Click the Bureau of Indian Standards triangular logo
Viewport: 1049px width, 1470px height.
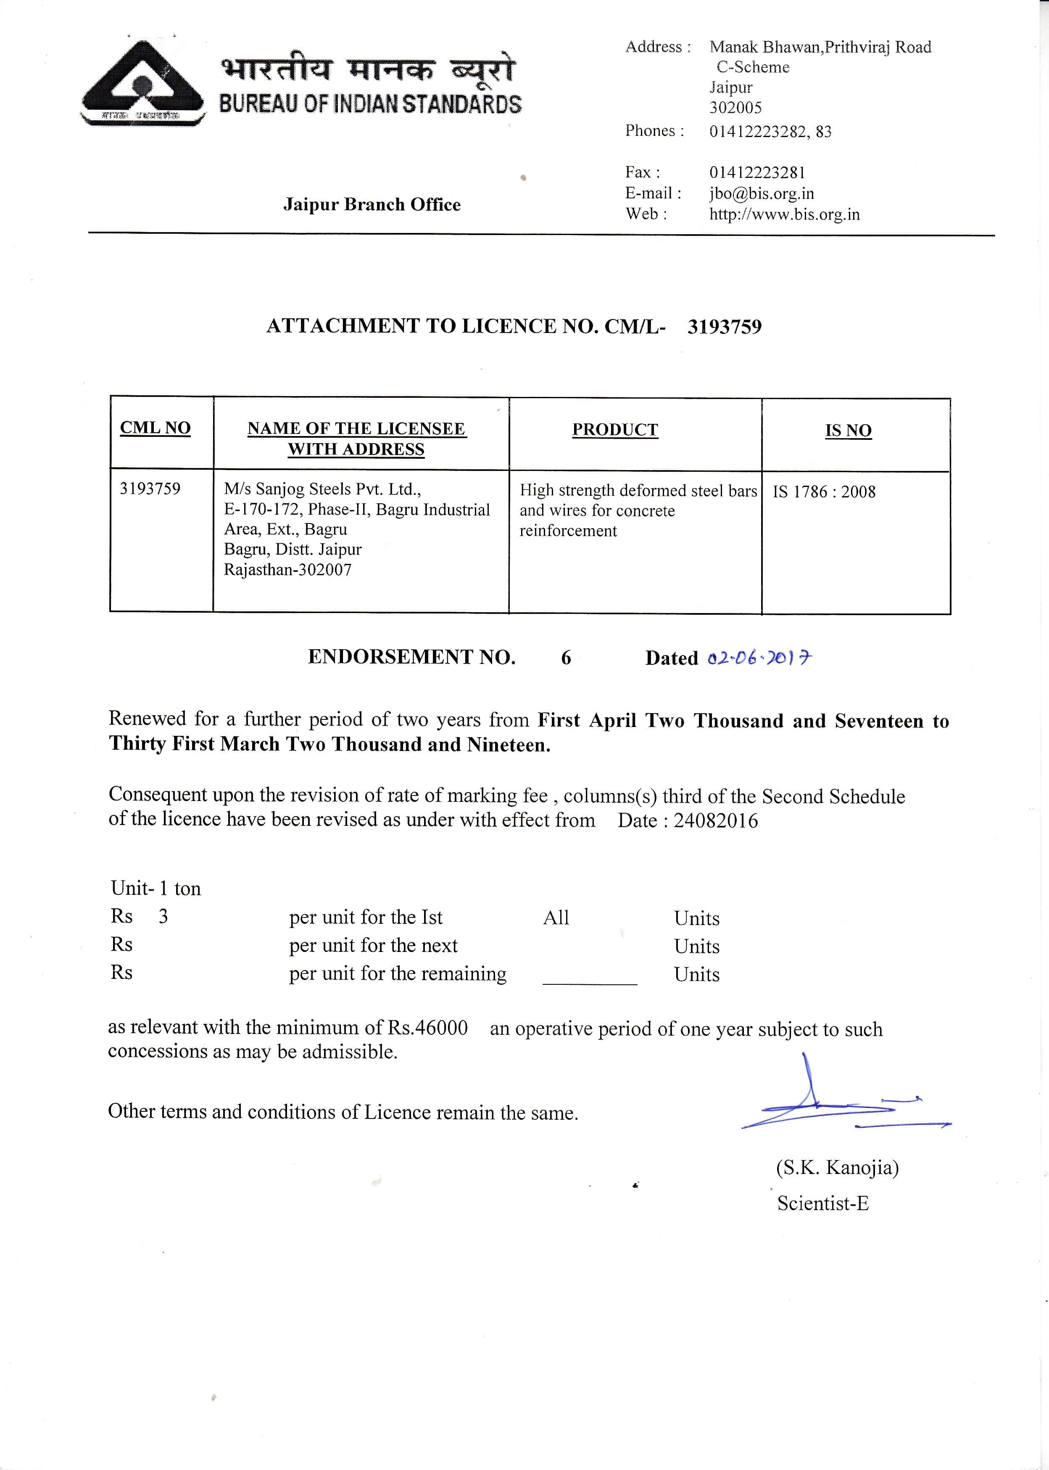pyautogui.click(x=143, y=83)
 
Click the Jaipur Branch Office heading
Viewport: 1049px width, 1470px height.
pyautogui.click(x=372, y=205)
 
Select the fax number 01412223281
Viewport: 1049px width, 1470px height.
pyautogui.click(x=757, y=172)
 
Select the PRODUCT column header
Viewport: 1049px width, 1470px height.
pyautogui.click(x=614, y=430)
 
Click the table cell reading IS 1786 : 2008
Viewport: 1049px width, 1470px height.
pyautogui.click(x=824, y=492)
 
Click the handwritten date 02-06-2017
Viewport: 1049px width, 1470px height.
pyautogui.click(x=759, y=658)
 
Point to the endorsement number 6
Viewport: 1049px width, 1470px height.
pyautogui.click(x=566, y=658)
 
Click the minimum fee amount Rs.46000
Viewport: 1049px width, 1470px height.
pyautogui.click(x=427, y=1027)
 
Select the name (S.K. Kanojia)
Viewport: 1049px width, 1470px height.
pyautogui.click(x=837, y=1168)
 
